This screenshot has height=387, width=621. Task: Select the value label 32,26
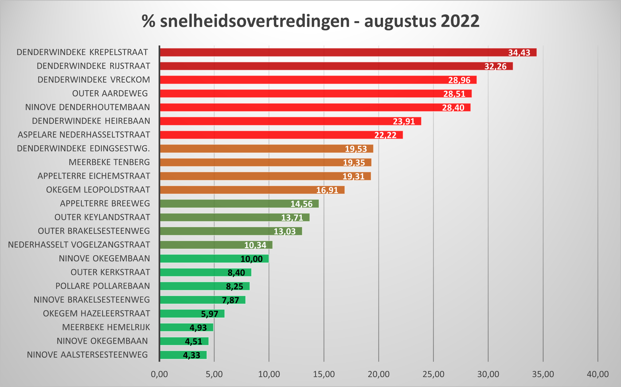click(495, 66)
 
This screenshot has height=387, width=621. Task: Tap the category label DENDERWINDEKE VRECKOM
click(94, 80)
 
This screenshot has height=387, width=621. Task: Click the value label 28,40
click(453, 108)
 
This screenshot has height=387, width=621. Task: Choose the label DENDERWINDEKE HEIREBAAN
click(91, 121)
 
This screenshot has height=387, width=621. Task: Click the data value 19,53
click(356, 149)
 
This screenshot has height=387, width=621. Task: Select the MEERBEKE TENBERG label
click(109, 162)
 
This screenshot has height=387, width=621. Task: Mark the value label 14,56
click(301, 204)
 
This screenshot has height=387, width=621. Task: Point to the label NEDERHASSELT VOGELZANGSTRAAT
click(79, 245)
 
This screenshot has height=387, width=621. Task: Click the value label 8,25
click(234, 286)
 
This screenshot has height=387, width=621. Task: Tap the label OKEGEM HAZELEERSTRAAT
click(96, 313)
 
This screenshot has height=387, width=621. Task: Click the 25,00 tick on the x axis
click(433, 374)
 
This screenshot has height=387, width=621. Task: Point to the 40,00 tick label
click(598, 374)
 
